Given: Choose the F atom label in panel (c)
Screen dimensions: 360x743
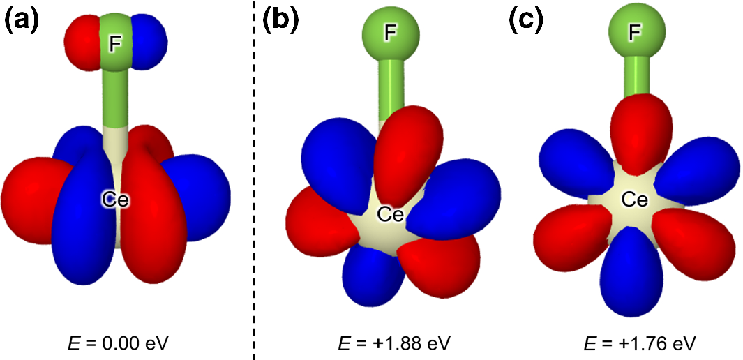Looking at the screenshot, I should click(x=633, y=32).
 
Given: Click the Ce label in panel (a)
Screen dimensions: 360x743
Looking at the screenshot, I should click(x=115, y=200).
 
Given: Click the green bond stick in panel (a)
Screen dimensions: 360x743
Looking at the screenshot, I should click(x=116, y=98).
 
